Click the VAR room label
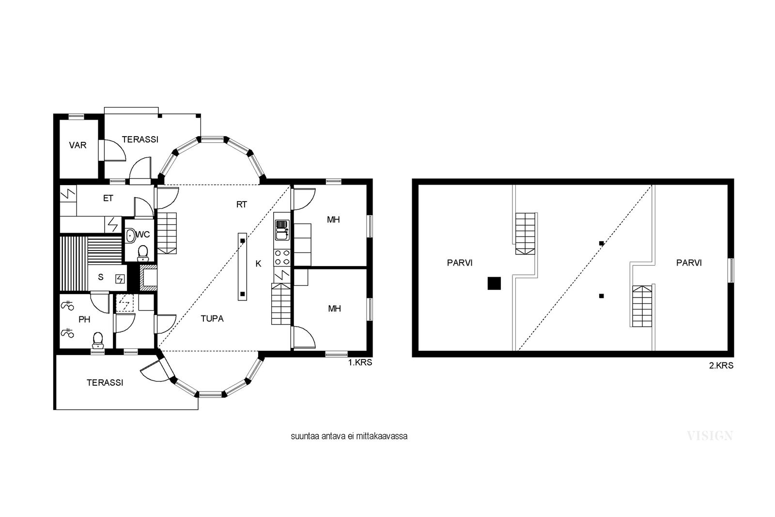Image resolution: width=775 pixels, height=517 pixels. click(x=77, y=145)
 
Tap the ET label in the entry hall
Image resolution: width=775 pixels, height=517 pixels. click(x=108, y=198)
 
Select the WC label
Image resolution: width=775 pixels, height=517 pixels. click(x=143, y=235)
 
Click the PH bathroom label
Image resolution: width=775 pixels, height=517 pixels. click(x=84, y=319)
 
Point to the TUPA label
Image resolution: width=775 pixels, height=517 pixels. click(x=212, y=319)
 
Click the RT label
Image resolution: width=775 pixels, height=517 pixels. click(x=242, y=204)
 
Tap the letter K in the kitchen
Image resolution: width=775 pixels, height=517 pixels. click(x=258, y=264)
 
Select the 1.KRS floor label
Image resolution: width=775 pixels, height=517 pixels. click(x=360, y=362)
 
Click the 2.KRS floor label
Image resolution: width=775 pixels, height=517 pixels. click(x=721, y=365)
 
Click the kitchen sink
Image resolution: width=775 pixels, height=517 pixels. click(x=282, y=230)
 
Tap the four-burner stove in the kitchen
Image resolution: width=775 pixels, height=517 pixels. click(x=282, y=257)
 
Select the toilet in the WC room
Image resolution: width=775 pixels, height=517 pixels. click(x=142, y=253)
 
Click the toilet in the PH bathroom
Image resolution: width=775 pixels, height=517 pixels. click(x=98, y=340)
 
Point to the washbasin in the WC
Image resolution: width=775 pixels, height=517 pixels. click(x=130, y=236)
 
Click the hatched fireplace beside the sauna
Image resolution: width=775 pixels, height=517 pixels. click(x=148, y=278)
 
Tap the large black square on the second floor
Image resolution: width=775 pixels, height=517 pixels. click(x=494, y=283)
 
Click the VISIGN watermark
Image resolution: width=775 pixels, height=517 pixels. click(x=710, y=436)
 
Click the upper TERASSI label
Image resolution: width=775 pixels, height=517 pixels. click(x=140, y=140)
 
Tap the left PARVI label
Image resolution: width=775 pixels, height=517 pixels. click(x=460, y=263)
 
